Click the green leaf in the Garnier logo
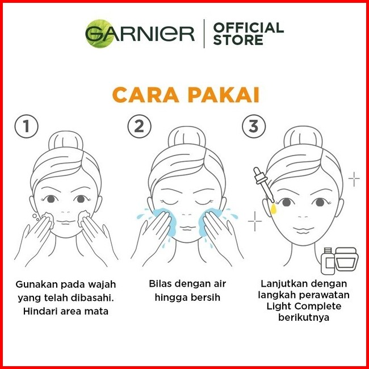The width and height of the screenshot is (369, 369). coord(99,33)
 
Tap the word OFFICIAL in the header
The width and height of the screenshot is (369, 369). coord(249,28)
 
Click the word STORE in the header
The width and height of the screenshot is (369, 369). coord(238,40)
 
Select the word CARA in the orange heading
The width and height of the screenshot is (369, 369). coord(146,95)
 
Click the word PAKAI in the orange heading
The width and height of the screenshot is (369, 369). coord(224,95)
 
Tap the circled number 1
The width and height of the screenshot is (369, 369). coord(26,126)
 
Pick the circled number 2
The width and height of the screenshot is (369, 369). coord(139,126)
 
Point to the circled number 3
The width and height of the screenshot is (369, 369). coord(254,126)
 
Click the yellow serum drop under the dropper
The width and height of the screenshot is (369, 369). coord(273,208)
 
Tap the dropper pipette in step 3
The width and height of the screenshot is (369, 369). coord(263,184)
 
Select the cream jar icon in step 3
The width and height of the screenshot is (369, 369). coord(346,259)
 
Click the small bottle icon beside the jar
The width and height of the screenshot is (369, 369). coord(328,261)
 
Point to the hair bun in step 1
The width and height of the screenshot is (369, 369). coord(66,140)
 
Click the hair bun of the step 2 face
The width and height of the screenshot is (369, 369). coord(187,136)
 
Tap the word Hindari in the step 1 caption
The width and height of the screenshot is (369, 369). coord(40,311)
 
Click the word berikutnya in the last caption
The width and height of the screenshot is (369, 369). coord(304,318)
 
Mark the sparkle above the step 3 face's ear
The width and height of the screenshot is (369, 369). coord(354,179)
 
